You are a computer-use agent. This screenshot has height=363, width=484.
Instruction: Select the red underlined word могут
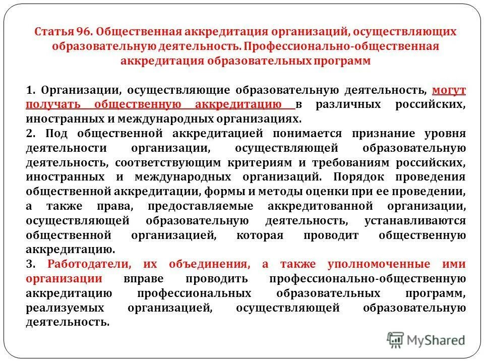449,90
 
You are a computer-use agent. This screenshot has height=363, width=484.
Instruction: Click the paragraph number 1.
30,91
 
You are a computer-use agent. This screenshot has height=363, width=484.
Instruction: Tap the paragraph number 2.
30,134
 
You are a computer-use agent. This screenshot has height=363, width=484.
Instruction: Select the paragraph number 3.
30,264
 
